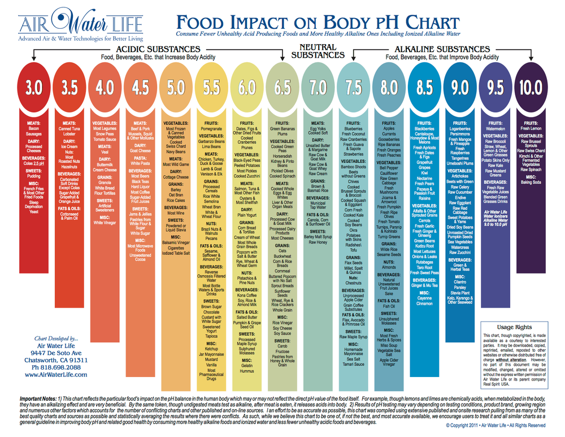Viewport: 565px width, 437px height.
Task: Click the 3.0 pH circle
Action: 33,88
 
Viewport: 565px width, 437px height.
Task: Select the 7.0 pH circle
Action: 318,88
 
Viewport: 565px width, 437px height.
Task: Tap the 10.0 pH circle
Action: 531,88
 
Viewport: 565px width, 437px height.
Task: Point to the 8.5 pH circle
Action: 424,88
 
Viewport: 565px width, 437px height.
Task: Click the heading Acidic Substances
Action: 158,49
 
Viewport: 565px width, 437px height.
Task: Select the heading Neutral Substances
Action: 318,51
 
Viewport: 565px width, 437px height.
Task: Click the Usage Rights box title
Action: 514,327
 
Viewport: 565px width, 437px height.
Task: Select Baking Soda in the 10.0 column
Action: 531,182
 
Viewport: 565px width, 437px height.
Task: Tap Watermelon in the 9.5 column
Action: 496,129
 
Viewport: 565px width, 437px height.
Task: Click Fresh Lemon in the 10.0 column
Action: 531,129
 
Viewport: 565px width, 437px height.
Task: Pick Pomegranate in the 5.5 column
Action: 211,129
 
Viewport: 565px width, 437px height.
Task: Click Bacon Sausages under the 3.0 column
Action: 33,132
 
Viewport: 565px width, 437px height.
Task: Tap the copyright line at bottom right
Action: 496,425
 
